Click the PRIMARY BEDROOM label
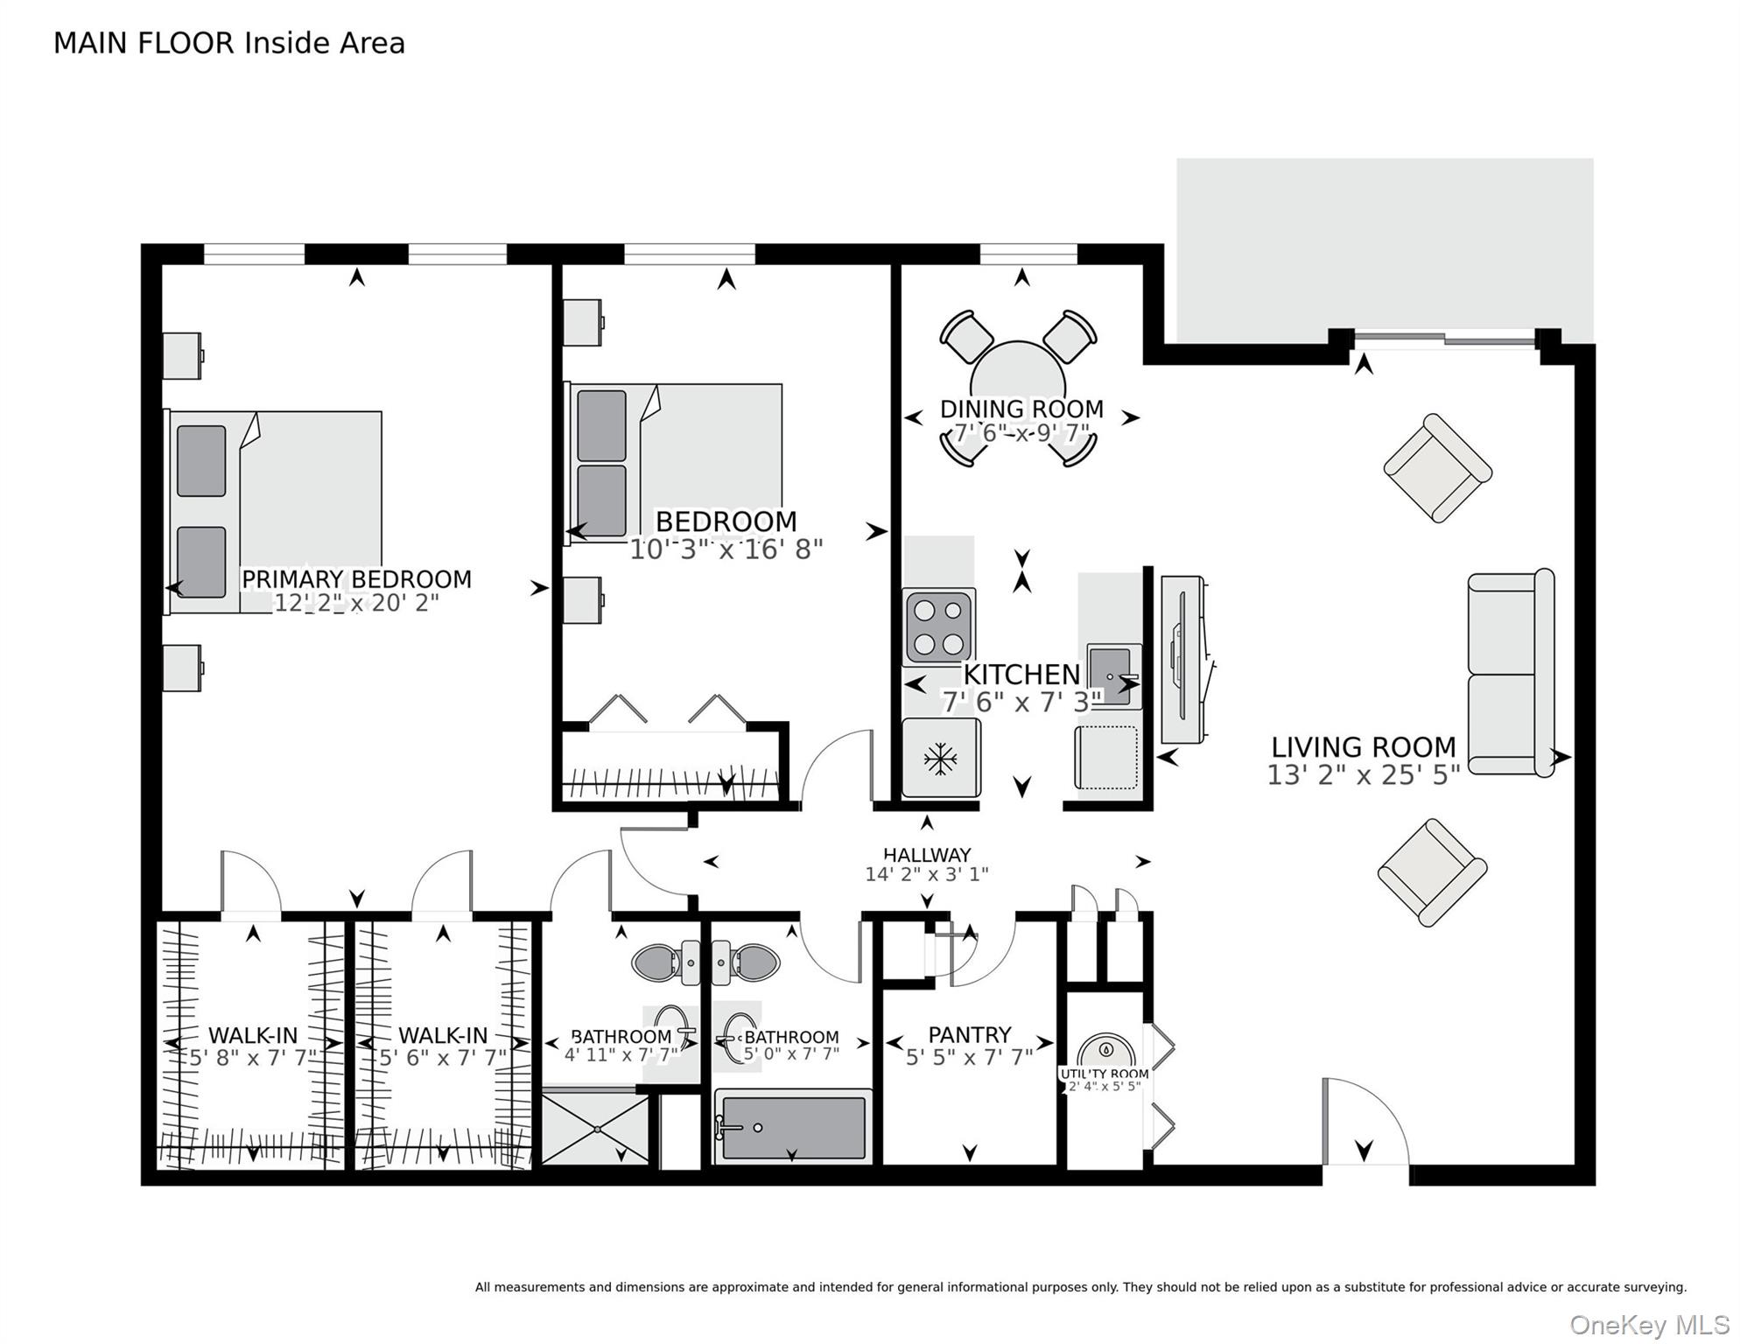[356, 579]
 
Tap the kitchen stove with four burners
[938, 626]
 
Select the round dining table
[1018, 376]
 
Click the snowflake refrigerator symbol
[940, 759]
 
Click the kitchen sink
[1112, 675]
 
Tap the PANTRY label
[969, 1035]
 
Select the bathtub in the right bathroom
[793, 1128]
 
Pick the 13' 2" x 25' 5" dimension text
[1363, 775]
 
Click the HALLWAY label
[927, 855]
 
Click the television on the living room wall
[1183, 658]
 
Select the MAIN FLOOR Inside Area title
[229, 43]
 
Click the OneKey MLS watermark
[1650, 1325]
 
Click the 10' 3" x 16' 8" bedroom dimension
[726, 549]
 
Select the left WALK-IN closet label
[253, 1036]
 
